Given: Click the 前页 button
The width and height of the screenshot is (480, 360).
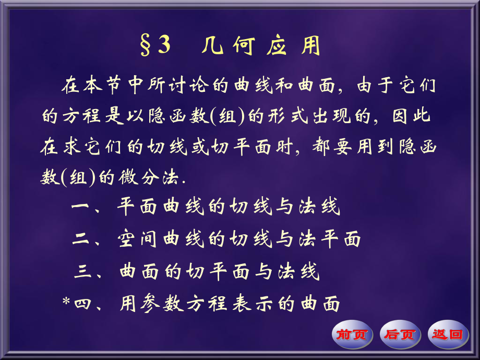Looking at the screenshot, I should point(352,334).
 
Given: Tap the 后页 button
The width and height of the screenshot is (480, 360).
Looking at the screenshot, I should point(400,334).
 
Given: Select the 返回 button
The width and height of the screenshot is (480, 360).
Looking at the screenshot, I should point(448,334).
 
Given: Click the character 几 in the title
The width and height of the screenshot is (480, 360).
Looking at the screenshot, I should point(212,46).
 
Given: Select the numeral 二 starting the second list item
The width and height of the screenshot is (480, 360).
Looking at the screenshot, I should point(82,239).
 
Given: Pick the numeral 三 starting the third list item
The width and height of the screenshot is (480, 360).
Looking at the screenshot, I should point(83,271).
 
